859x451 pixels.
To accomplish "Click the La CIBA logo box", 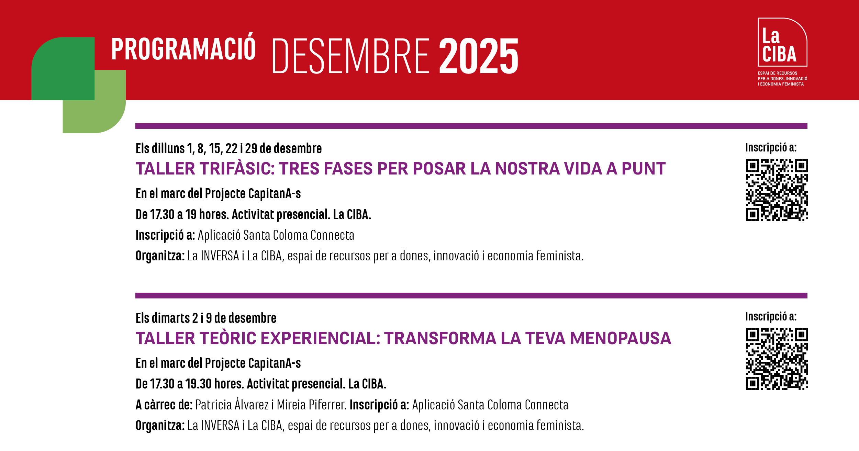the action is [782, 42].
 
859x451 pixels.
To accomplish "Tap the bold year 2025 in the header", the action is [479, 56].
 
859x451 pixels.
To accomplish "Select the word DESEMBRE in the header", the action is [351, 56].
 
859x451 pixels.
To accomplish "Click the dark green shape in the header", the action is [63, 68].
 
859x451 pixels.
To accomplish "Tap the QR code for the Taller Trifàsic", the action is [777, 190].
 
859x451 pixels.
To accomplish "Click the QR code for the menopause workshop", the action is [777, 359].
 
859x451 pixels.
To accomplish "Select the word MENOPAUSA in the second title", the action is [621, 338].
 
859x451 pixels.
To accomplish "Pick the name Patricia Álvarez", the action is [232, 404].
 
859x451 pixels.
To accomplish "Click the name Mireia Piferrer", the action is [311, 405].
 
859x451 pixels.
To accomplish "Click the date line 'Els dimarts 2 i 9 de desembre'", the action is [206, 318].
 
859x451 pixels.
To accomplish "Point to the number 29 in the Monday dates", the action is [251, 148].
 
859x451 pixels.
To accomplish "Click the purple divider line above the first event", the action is [471, 126].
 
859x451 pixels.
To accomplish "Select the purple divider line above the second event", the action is [471, 295].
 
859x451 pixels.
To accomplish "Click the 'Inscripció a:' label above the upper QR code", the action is [771, 148].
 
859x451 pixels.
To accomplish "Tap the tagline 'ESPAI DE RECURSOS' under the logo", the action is [777, 73].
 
